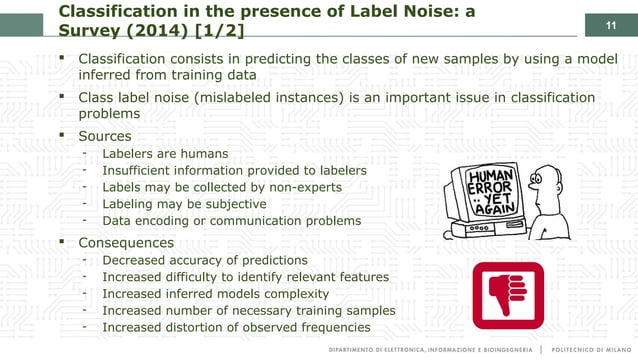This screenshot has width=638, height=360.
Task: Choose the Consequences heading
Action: click(131, 242)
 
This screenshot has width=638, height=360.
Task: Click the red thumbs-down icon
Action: click(508, 295)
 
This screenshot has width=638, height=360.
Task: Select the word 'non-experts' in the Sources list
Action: click(301, 187)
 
